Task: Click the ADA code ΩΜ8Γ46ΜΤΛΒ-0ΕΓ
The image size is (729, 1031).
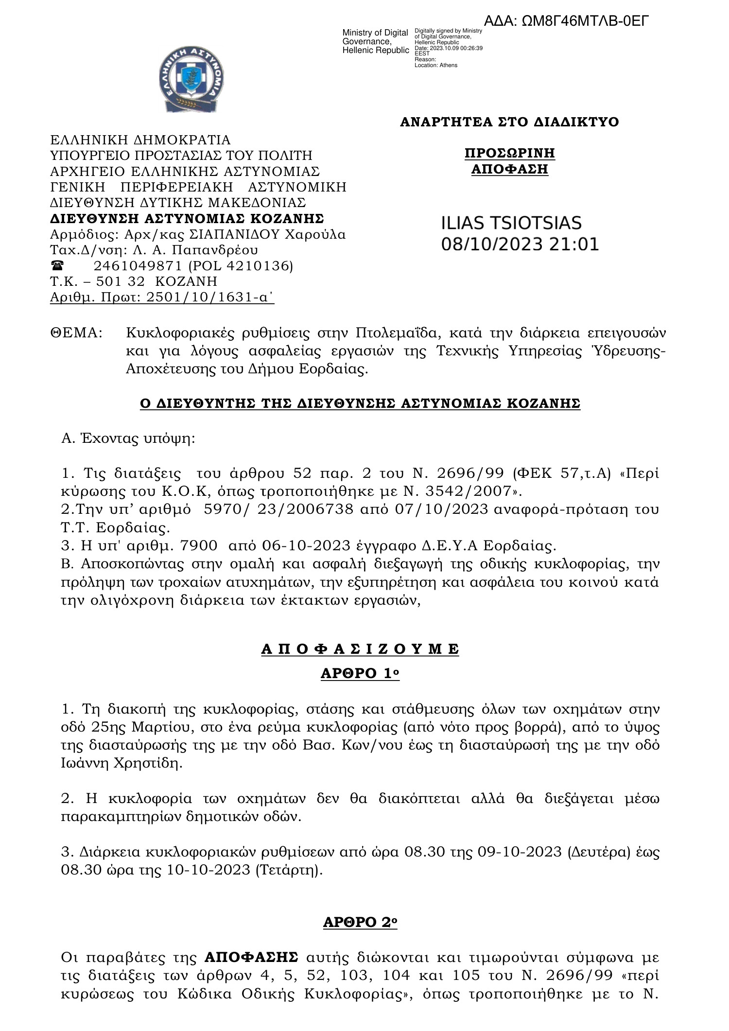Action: (566, 21)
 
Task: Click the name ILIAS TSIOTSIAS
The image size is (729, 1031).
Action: (511, 223)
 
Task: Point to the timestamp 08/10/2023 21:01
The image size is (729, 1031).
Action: (520, 244)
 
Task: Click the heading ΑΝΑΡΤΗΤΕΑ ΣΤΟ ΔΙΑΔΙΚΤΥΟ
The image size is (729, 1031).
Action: (509, 122)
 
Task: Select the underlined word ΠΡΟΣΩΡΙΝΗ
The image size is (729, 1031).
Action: (510, 154)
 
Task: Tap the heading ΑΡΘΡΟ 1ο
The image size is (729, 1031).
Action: (360, 674)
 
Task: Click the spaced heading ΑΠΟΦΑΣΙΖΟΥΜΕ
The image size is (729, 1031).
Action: (360, 649)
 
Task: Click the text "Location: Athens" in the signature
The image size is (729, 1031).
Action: (436, 65)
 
